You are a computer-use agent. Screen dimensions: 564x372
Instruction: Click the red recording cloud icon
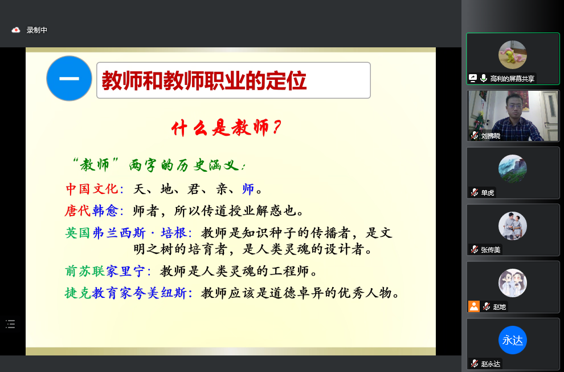pos(16,30)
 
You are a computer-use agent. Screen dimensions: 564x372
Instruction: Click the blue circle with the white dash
pos(69,79)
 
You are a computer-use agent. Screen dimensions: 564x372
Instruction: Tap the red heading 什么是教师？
pos(226,128)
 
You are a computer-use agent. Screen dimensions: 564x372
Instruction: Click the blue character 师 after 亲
pos(248,189)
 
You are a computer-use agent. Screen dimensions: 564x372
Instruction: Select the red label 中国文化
pos(92,189)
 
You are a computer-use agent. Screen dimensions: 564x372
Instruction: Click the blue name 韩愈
pos(105,211)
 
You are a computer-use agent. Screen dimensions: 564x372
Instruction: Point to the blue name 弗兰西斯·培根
pos(140,233)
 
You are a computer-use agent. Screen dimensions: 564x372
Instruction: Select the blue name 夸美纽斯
pos(160,293)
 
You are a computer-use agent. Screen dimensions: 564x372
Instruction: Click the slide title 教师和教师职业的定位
pos(204,80)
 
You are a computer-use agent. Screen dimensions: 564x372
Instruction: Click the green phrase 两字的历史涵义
pos(184,165)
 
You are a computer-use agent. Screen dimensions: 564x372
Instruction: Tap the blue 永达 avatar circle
pos(513,340)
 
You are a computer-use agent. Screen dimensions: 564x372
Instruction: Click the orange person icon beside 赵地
pos(474,306)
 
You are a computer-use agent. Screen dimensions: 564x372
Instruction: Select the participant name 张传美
pos(491,249)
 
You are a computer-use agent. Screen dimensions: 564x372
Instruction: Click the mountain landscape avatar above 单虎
pos(513,169)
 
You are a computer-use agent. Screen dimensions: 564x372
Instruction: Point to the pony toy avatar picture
pos(513,55)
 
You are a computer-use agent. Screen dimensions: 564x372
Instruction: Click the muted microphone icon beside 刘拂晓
pos(475,135)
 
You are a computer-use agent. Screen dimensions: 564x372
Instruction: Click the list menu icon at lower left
pos(10,324)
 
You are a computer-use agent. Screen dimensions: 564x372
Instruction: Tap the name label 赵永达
pos(491,363)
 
